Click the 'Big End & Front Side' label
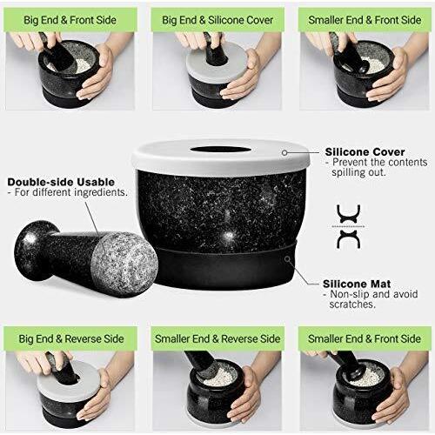pos(70,20)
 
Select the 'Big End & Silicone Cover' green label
pos(217,20)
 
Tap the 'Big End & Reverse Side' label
pos(71,338)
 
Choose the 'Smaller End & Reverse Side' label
pos(217,338)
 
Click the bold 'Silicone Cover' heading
pos(365,152)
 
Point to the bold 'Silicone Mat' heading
pos(357,284)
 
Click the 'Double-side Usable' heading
pos(61,182)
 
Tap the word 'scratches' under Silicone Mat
pos(352,304)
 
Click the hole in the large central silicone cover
pos(220,150)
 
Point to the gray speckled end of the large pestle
pos(124,264)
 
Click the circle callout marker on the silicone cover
pos(284,152)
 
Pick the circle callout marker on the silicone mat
pos(287,258)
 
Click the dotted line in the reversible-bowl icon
pos(348,226)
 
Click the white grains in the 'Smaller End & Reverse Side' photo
pos(216,378)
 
